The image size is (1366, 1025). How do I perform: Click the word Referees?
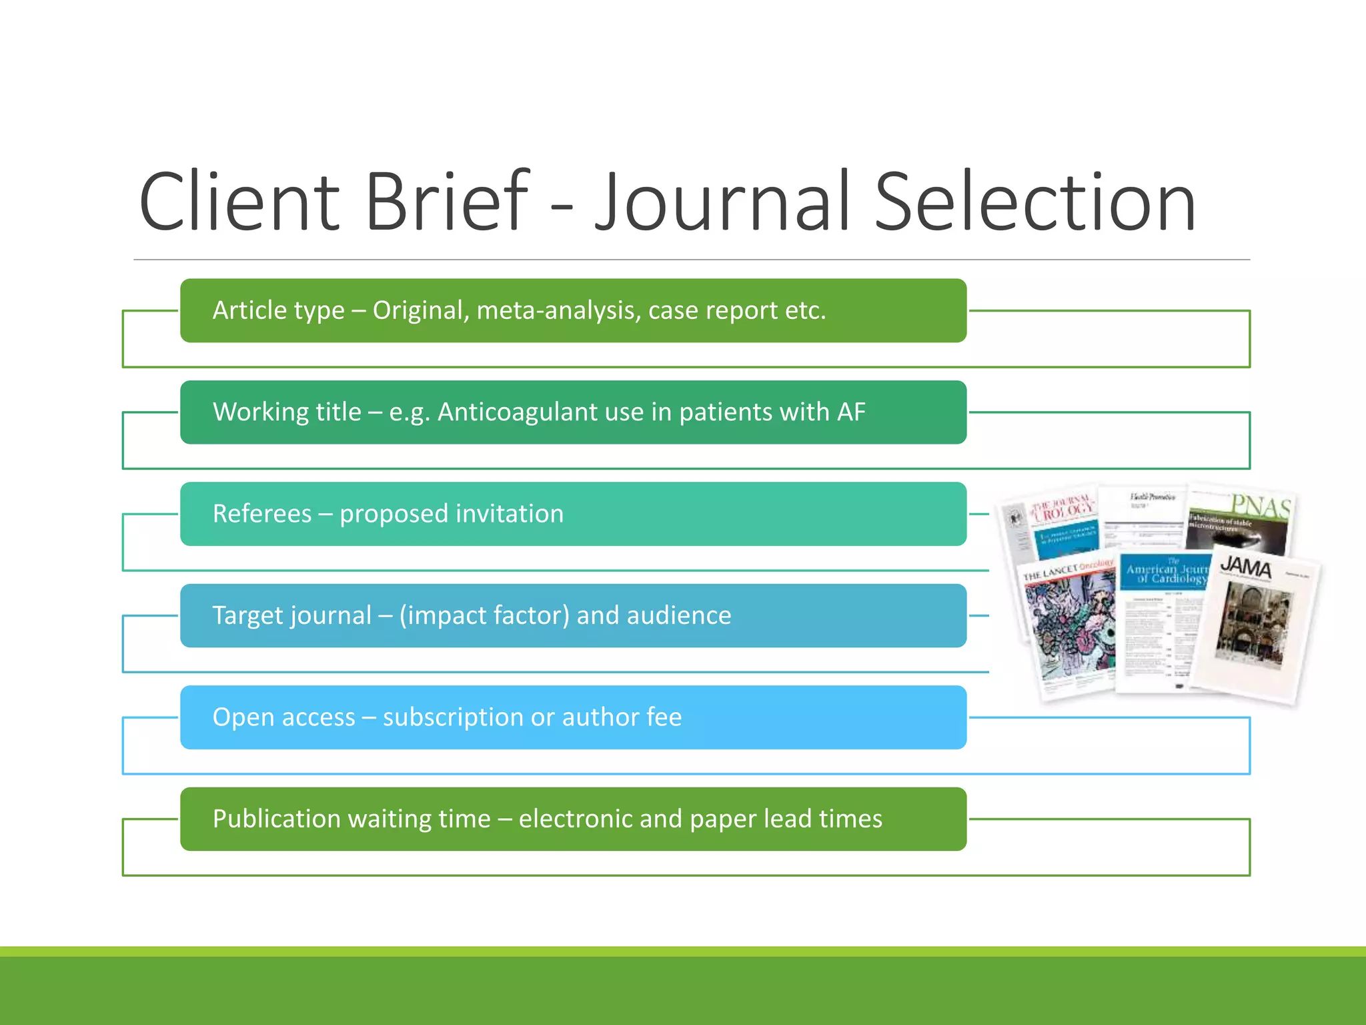[261, 514]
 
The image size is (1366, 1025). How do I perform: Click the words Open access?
[283, 717]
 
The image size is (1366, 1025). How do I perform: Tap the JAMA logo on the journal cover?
[1245, 568]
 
